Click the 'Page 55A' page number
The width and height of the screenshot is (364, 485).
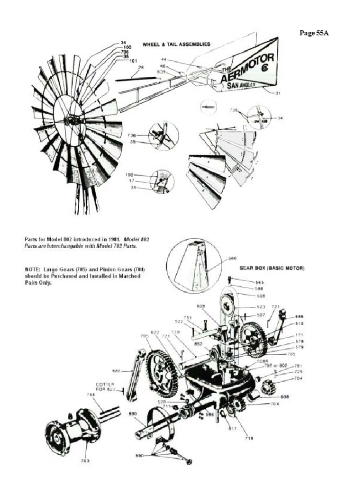(314, 33)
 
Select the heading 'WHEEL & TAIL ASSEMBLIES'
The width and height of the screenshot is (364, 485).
(176, 44)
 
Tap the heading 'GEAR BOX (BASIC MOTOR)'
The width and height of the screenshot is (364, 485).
(272, 268)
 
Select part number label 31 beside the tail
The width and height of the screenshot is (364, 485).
(278, 93)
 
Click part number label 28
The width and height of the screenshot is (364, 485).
(140, 67)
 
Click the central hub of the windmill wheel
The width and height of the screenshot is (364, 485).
(74, 121)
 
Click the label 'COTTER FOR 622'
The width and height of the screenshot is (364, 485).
(105, 386)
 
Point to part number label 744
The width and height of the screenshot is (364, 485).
(90, 395)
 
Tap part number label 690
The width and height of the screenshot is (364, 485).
(139, 456)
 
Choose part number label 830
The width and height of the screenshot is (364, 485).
(133, 413)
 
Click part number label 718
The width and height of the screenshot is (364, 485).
(249, 438)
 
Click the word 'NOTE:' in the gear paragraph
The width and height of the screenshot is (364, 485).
(33, 269)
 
